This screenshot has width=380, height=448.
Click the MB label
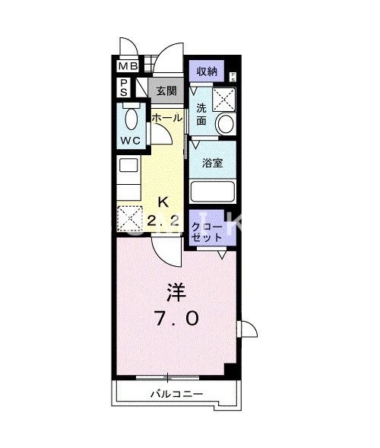point(127,66)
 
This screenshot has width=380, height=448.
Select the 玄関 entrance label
point(166,90)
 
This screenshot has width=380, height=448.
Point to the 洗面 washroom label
point(201,113)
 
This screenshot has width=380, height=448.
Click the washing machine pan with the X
point(225,99)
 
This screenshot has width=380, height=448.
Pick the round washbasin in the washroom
point(225,124)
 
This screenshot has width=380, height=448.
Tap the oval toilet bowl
point(131,119)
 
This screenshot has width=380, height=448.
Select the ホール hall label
point(166,119)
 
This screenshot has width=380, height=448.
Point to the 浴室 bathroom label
point(211,163)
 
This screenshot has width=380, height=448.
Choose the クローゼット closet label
point(207,232)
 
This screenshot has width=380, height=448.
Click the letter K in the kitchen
point(163,202)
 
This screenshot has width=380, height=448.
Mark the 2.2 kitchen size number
point(162,221)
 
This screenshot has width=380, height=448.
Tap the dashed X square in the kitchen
point(130,219)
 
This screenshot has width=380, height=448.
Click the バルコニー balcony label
point(176,394)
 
